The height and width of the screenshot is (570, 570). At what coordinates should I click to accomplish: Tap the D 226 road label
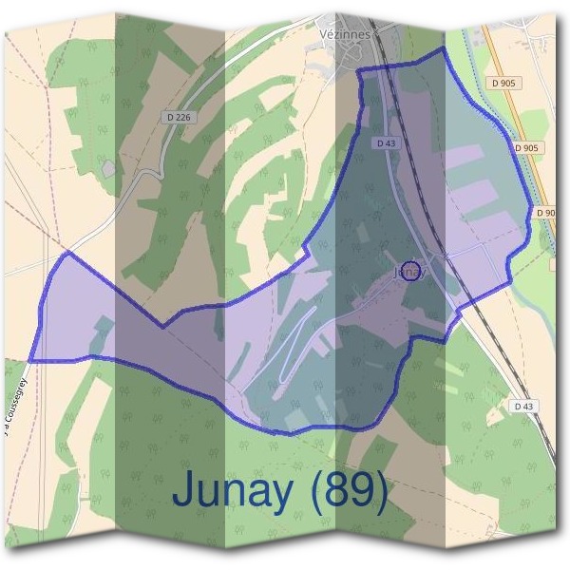[178, 117]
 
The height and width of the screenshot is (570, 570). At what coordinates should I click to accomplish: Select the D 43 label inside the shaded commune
[385, 142]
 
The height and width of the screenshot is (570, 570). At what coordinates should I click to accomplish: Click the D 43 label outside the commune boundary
[524, 406]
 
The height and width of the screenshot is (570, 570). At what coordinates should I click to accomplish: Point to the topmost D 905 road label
[504, 84]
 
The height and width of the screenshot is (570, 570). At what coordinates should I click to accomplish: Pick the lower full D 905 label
[525, 148]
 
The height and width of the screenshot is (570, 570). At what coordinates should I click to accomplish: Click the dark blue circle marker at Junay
[409, 271]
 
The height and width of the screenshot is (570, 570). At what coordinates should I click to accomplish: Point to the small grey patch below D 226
[108, 168]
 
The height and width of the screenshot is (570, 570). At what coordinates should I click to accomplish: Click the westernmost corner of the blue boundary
[28, 361]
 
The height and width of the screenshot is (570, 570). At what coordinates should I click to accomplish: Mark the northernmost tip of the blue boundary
[443, 49]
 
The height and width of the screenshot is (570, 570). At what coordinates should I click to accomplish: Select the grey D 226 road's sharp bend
[142, 174]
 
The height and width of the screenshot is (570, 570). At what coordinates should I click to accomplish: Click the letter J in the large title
[186, 491]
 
